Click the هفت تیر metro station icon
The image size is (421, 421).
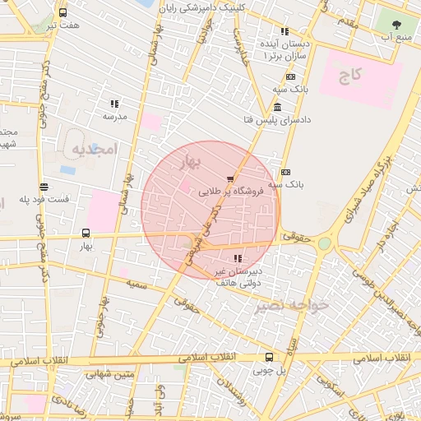(x=63, y=13)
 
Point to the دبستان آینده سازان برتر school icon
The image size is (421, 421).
(x=285, y=32)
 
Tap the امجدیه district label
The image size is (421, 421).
(x=95, y=149)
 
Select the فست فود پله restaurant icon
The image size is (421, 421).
(x=43, y=187)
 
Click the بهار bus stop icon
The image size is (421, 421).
(x=86, y=233)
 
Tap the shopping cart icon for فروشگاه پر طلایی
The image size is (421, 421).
(x=230, y=178)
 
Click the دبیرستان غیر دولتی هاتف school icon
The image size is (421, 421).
(x=238, y=260)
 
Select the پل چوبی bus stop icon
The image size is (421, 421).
(x=269, y=357)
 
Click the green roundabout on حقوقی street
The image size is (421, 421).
(x=325, y=243)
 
